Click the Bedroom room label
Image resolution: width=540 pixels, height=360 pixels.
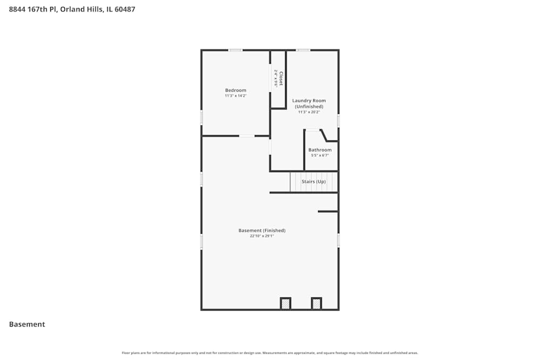[x=235, y=90]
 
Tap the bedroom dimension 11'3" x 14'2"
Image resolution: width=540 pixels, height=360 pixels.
[x=235, y=96]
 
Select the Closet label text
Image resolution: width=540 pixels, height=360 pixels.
[x=281, y=79]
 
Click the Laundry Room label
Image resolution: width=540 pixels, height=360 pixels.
[x=309, y=100]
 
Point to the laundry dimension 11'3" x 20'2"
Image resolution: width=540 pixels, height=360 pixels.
[x=309, y=112]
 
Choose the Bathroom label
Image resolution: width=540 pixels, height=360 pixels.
[x=320, y=150]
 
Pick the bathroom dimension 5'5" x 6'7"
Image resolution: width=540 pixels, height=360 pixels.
[x=320, y=155]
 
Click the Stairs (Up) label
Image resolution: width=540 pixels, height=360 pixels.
[x=313, y=181]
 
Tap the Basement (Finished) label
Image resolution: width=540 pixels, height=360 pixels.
[x=262, y=230]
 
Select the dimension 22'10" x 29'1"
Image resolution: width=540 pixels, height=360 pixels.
[x=262, y=236]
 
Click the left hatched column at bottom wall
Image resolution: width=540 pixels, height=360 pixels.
[x=285, y=304]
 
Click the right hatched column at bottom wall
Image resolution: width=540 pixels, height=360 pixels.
[x=316, y=304]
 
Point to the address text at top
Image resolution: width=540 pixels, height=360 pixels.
[x=72, y=9]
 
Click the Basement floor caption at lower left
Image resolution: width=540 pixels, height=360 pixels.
[x=27, y=324]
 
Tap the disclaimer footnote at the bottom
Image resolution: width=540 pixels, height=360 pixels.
[x=270, y=353]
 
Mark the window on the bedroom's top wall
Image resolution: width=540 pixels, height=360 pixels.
[x=235, y=50]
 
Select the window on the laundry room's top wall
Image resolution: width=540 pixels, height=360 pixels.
[x=303, y=50]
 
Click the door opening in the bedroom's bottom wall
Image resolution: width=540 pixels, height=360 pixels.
[x=247, y=136]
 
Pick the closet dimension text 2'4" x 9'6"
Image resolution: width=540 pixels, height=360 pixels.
[x=275, y=79]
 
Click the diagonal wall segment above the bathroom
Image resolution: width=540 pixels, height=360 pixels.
[x=323, y=135]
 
